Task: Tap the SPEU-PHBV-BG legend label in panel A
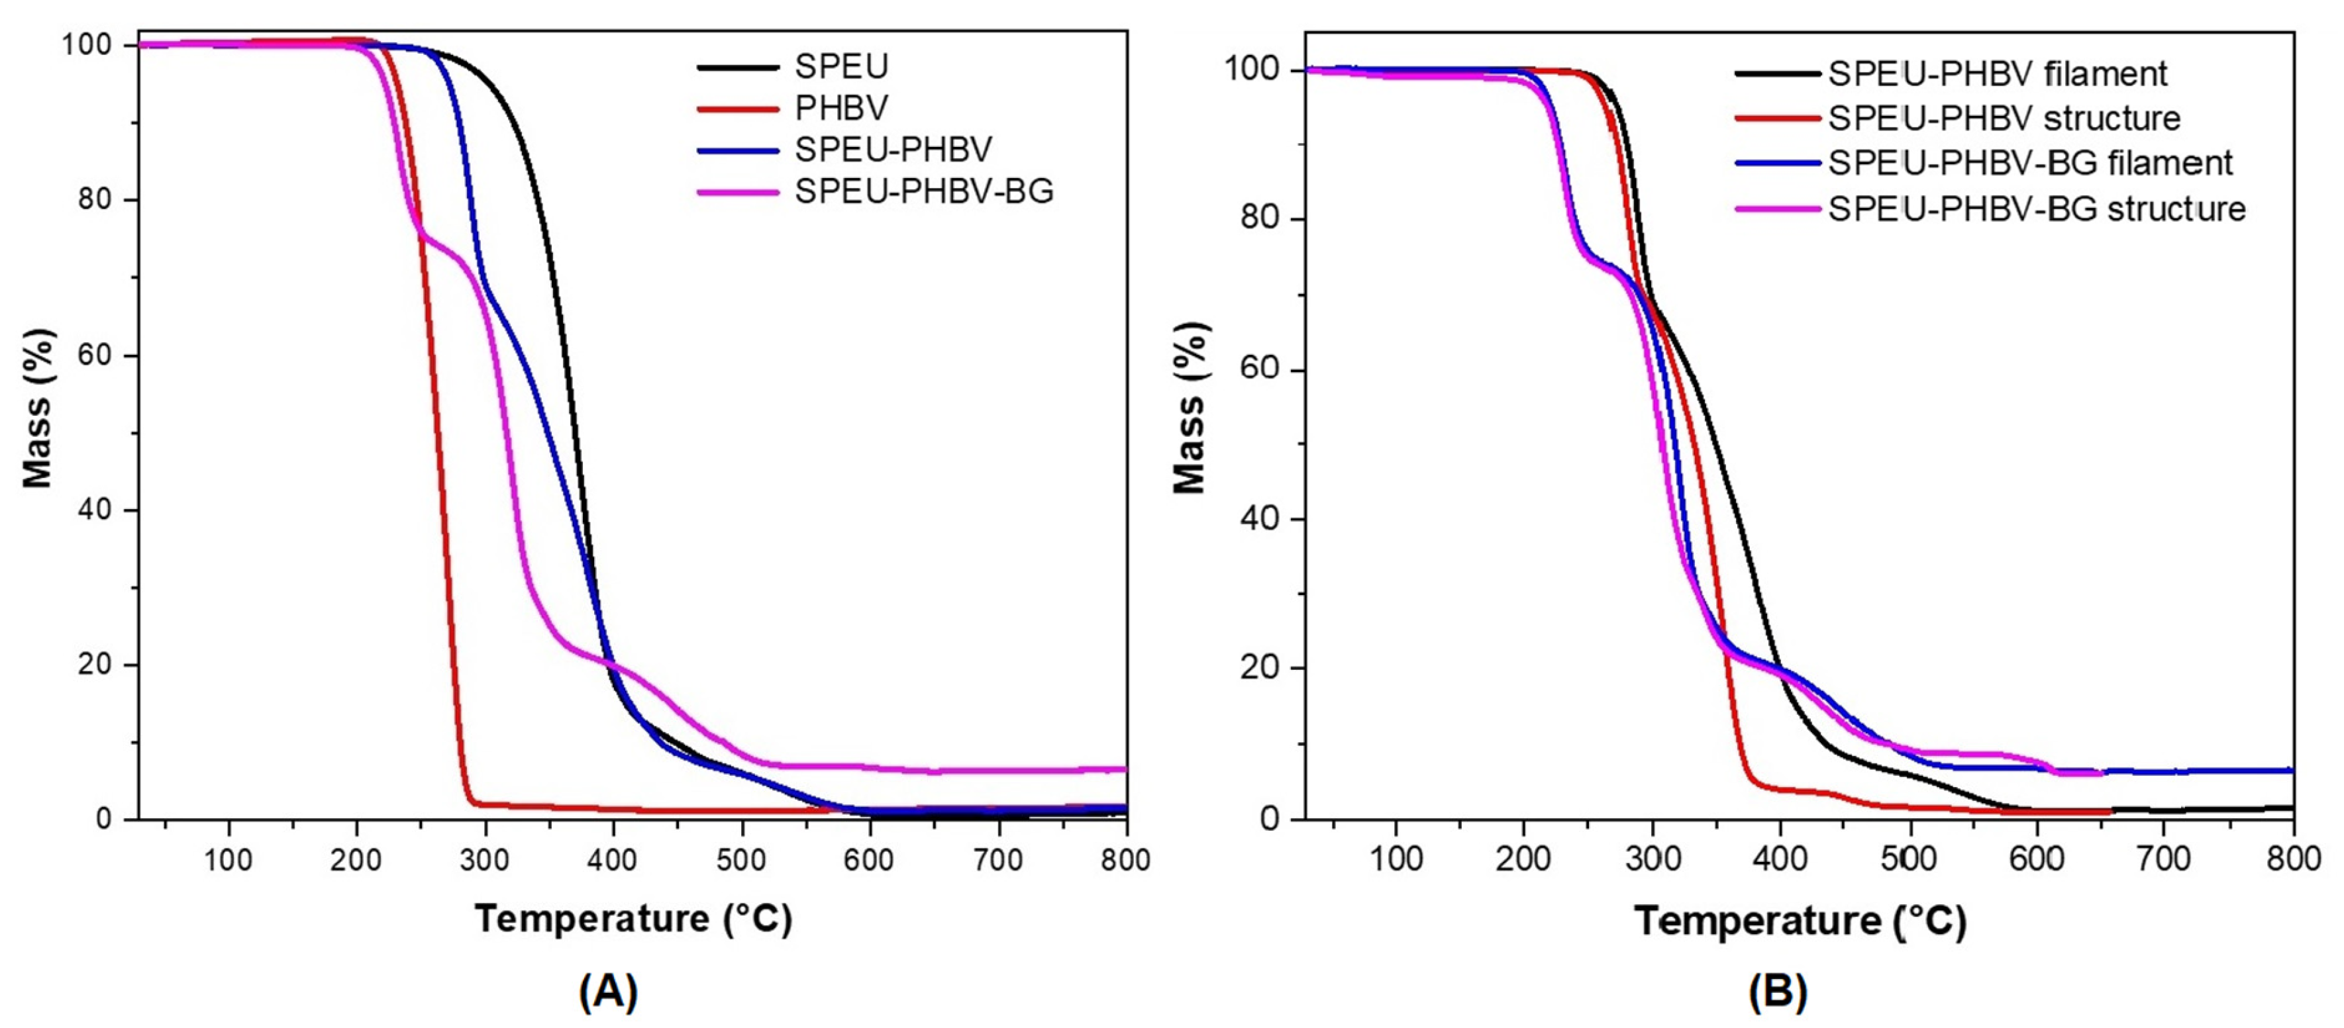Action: click(923, 191)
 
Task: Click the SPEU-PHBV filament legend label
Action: click(1998, 73)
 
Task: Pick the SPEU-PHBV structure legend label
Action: click(2004, 118)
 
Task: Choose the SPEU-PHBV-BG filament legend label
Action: click(2029, 163)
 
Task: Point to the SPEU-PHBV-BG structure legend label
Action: click(2037, 209)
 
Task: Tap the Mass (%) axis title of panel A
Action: click(38, 409)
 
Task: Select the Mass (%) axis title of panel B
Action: click(1190, 409)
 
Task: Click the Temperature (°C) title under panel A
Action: click(633, 919)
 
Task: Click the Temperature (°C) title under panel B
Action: click(1800, 921)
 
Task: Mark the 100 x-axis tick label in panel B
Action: click(1395, 858)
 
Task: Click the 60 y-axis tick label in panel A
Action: click(95, 355)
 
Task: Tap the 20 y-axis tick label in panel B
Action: click(1258, 668)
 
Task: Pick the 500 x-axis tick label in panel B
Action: click(1908, 858)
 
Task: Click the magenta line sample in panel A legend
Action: click(738, 192)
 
